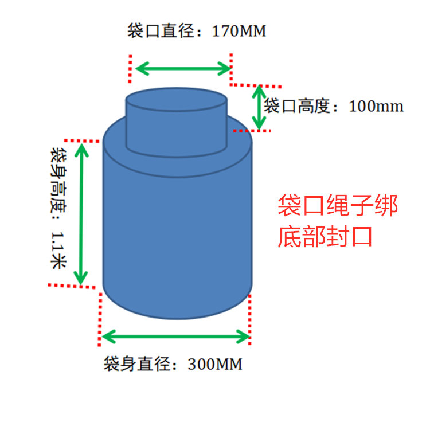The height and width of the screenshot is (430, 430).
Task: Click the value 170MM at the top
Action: (x=239, y=31)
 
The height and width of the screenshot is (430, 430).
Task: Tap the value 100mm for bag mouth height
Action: (x=376, y=107)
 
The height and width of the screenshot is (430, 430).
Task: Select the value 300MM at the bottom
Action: (x=215, y=364)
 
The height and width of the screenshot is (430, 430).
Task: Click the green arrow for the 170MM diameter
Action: (x=182, y=69)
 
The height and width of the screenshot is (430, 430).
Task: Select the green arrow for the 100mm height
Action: (x=260, y=107)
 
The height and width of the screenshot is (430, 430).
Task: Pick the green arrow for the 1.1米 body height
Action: (x=83, y=213)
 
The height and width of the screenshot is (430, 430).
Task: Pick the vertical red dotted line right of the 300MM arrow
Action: (x=251, y=318)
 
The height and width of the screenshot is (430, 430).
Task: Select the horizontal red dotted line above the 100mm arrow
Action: (x=256, y=85)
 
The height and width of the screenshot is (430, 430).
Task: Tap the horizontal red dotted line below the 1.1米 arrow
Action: (x=71, y=285)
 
